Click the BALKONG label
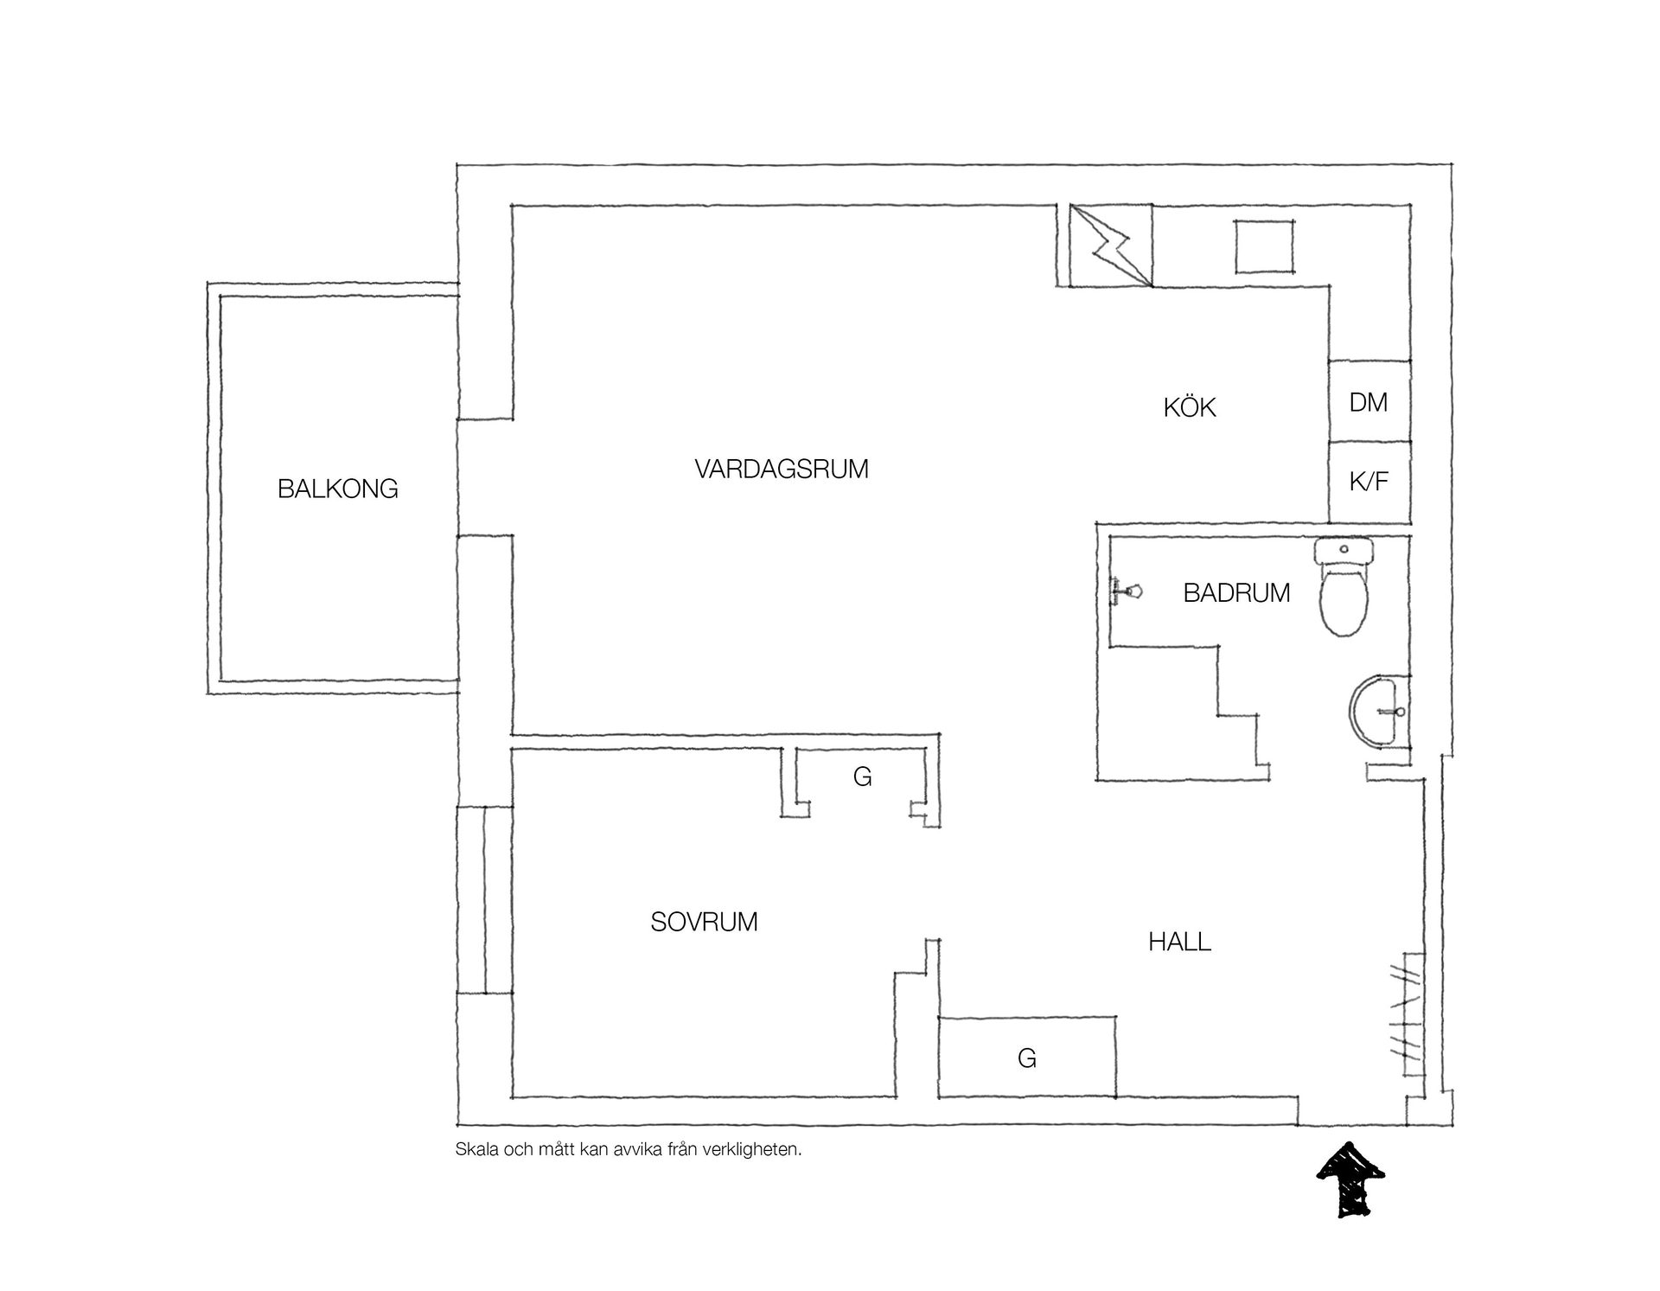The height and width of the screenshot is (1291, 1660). coord(338,489)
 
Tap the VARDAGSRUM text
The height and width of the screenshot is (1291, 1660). coord(782,470)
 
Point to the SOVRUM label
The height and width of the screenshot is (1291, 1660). coord(704,923)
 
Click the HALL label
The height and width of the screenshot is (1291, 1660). coord(1179,942)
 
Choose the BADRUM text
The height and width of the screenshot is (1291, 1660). coord(1236,593)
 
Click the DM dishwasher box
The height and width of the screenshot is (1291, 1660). coord(1369,401)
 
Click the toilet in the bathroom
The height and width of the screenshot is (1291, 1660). coord(1344,587)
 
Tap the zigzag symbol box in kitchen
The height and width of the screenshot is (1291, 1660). coord(1111,246)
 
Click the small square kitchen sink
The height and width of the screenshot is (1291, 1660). coord(1264,246)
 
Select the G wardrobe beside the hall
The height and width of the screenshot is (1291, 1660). coord(1027,1058)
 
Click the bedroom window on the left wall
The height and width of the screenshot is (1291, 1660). coord(484,900)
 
